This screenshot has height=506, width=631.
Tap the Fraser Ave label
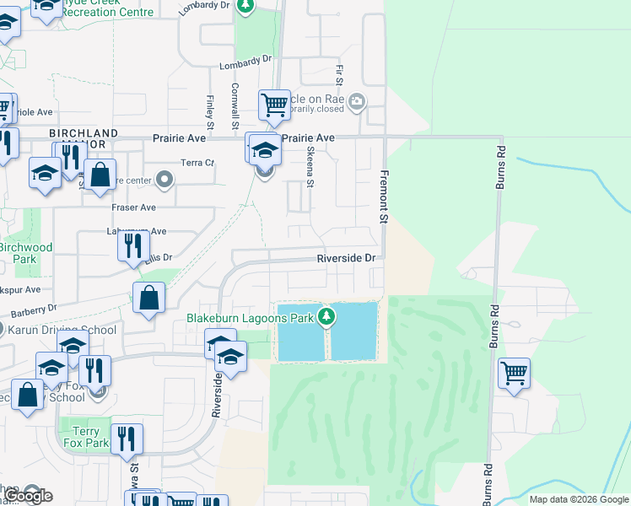click(x=133, y=207)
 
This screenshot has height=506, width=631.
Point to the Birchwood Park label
click(x=25, y=253)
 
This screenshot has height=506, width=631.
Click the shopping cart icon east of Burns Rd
click(x=514, y=372)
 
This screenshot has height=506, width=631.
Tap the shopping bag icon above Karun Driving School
click(x=148, y=298)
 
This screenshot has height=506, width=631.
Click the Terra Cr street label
click(x=197, y=163)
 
